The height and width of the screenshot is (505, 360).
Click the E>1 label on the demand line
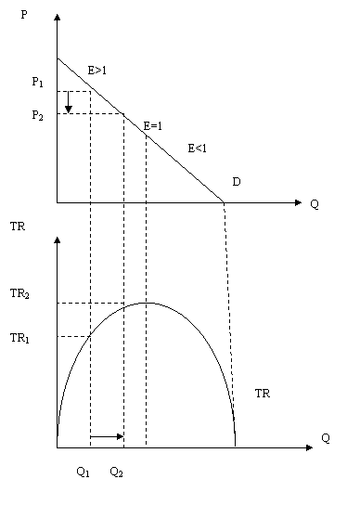coord(97,70)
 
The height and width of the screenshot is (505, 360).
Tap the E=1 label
coord(153,126)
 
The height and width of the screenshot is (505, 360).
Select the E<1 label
coord(198,149)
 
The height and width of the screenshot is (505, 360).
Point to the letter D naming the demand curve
coord(237,182)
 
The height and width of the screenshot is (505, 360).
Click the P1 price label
coord(37,82)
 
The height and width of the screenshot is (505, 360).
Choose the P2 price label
coord(37,115)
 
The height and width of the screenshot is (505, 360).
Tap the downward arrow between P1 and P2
coord(68,102)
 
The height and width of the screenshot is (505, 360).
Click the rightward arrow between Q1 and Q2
coord(107,436)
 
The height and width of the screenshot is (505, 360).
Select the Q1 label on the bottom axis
coord(84,473)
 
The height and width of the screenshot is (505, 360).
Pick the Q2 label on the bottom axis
coord(116,473)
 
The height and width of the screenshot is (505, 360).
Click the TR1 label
coord(19,338)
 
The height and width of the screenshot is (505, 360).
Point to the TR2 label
coord(19,293)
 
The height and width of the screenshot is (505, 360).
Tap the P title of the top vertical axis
coord(24,15)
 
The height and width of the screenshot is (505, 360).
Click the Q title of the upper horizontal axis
coord(315,204)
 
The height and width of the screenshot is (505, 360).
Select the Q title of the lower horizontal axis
coord(326,438)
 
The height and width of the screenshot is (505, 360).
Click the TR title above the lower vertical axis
coord(18,227)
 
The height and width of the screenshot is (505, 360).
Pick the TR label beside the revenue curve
coord(263,394)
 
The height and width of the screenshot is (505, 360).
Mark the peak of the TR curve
coord(148,303)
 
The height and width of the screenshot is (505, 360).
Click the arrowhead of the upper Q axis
coord(298,202)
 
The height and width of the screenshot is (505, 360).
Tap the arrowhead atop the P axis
coord(58,17)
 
